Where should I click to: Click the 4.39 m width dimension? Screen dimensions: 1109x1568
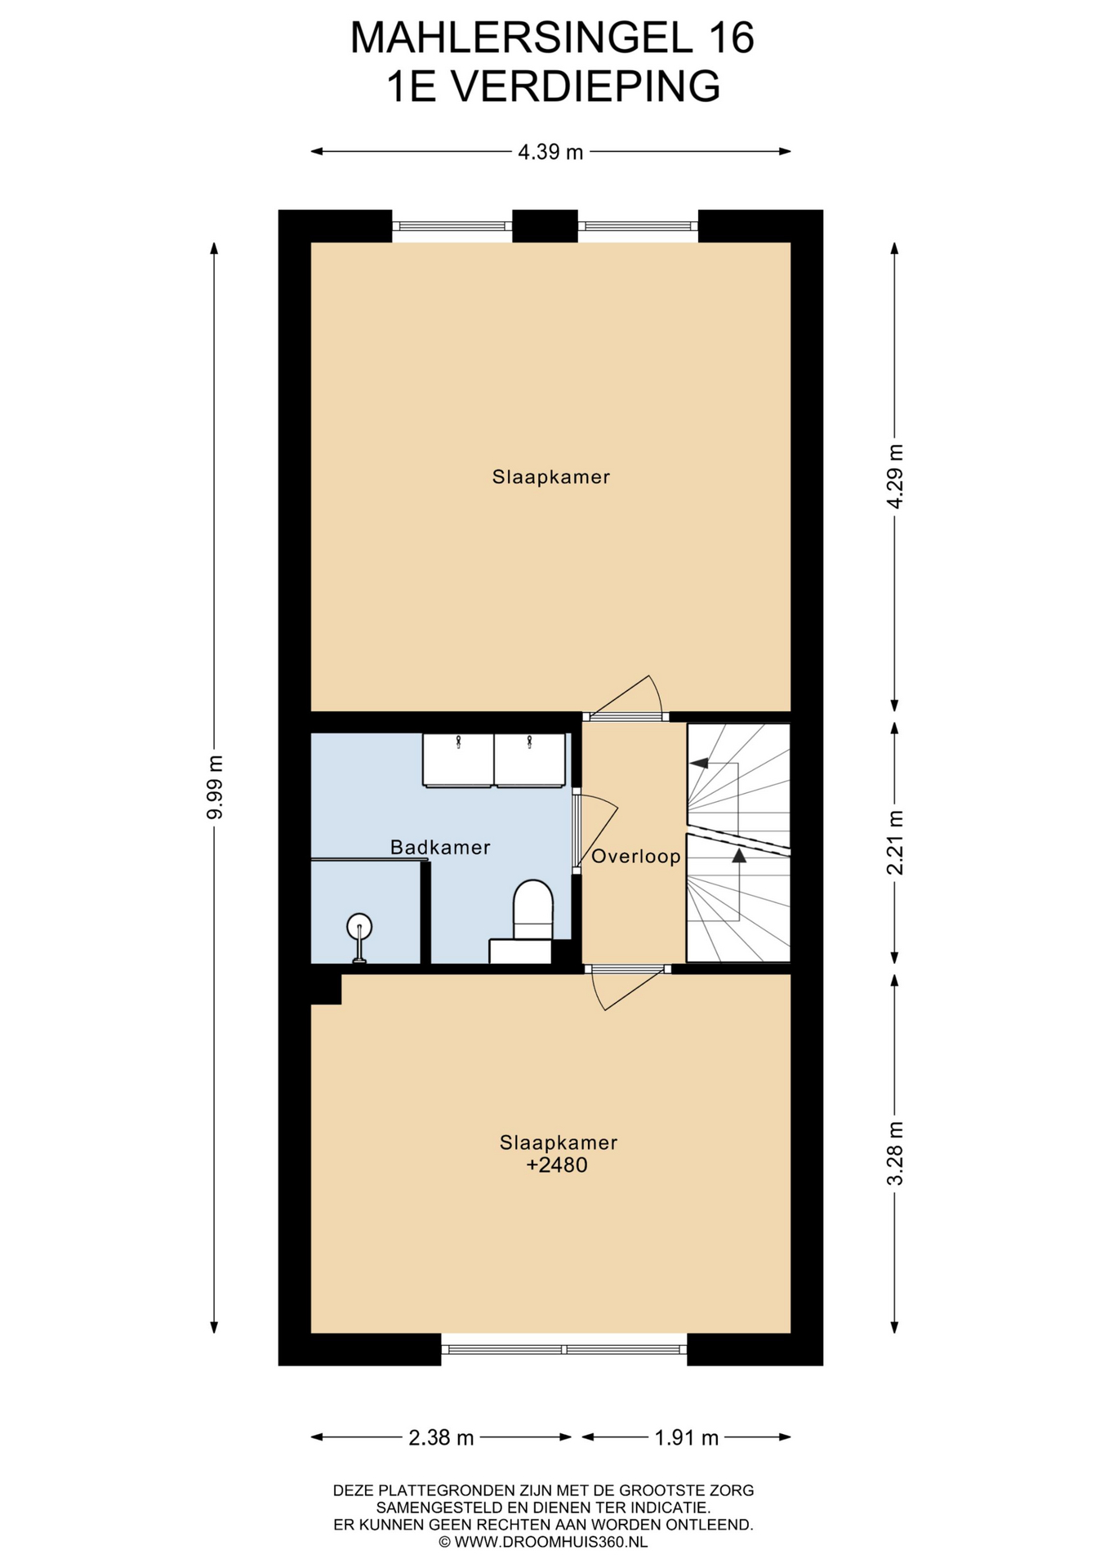coord(550,152)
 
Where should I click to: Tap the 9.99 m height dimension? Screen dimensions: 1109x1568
coord(215,787)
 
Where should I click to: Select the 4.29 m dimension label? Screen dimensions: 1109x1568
coord(896,477)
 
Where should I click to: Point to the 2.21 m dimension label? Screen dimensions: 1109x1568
coord(896,843)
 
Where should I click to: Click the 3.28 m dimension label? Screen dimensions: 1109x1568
coord(896,1153)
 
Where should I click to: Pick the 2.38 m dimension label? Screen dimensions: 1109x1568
coord(441,1438)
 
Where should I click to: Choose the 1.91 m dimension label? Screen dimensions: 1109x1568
coord(687,1438)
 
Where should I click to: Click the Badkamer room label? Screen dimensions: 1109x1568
coord(440,848)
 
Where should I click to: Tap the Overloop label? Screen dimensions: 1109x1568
coord(636,857)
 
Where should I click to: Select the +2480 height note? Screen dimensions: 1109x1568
coord(557,1165)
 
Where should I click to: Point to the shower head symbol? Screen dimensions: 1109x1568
coord(359,936)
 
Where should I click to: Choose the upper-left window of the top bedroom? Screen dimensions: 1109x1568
coord(452,226)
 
